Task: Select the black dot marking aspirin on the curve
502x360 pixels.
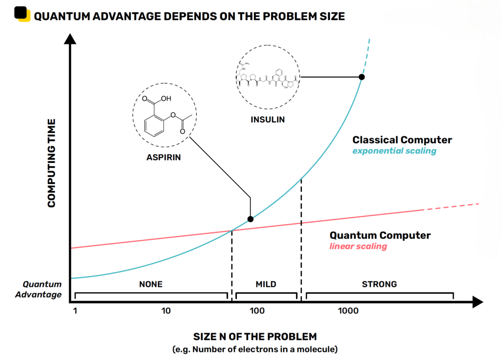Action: pos(251,219)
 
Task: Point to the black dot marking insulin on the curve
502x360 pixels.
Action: pos(362,77)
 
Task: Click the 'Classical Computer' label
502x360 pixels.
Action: pos(402,140)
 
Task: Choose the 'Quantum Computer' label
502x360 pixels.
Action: pos(380,235)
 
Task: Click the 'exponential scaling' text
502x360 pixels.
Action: pos(394,151)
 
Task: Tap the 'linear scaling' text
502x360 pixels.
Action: pos(358,246)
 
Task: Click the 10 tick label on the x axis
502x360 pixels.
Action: pos(166,311)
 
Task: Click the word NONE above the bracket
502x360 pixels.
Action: pos(151,284)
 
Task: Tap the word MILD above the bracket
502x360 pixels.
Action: pos(266,284)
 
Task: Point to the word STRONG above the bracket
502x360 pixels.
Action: pos(379,284)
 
